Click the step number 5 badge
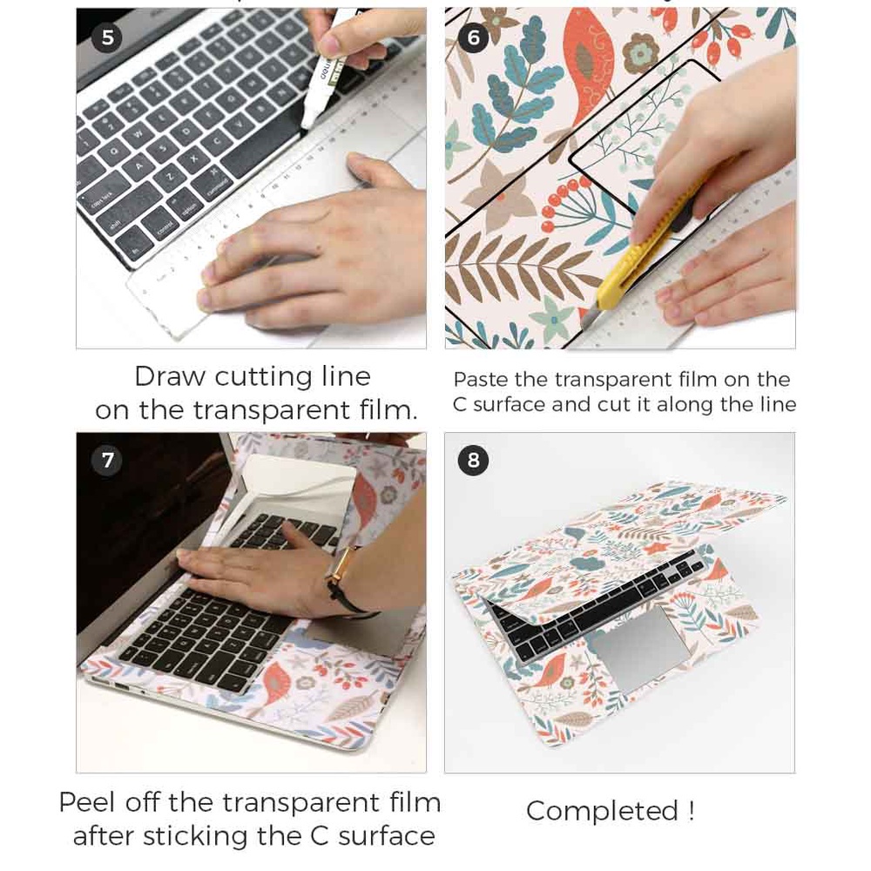pos(107,37)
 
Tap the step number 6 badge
pos(474,37)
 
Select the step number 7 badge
pos(107,460)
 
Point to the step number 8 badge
pos(474,460)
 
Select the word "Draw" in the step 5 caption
pos(170,377)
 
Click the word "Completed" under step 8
pos(601,811)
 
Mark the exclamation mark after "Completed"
pos(691,811)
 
